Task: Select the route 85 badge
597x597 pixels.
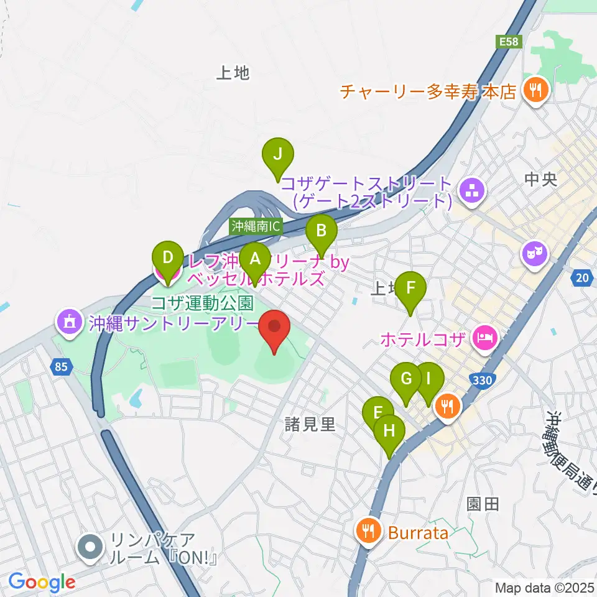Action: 60,367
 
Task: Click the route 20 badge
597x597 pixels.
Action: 581,279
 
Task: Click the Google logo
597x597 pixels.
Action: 42,583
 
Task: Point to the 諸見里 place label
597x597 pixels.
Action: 310,425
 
